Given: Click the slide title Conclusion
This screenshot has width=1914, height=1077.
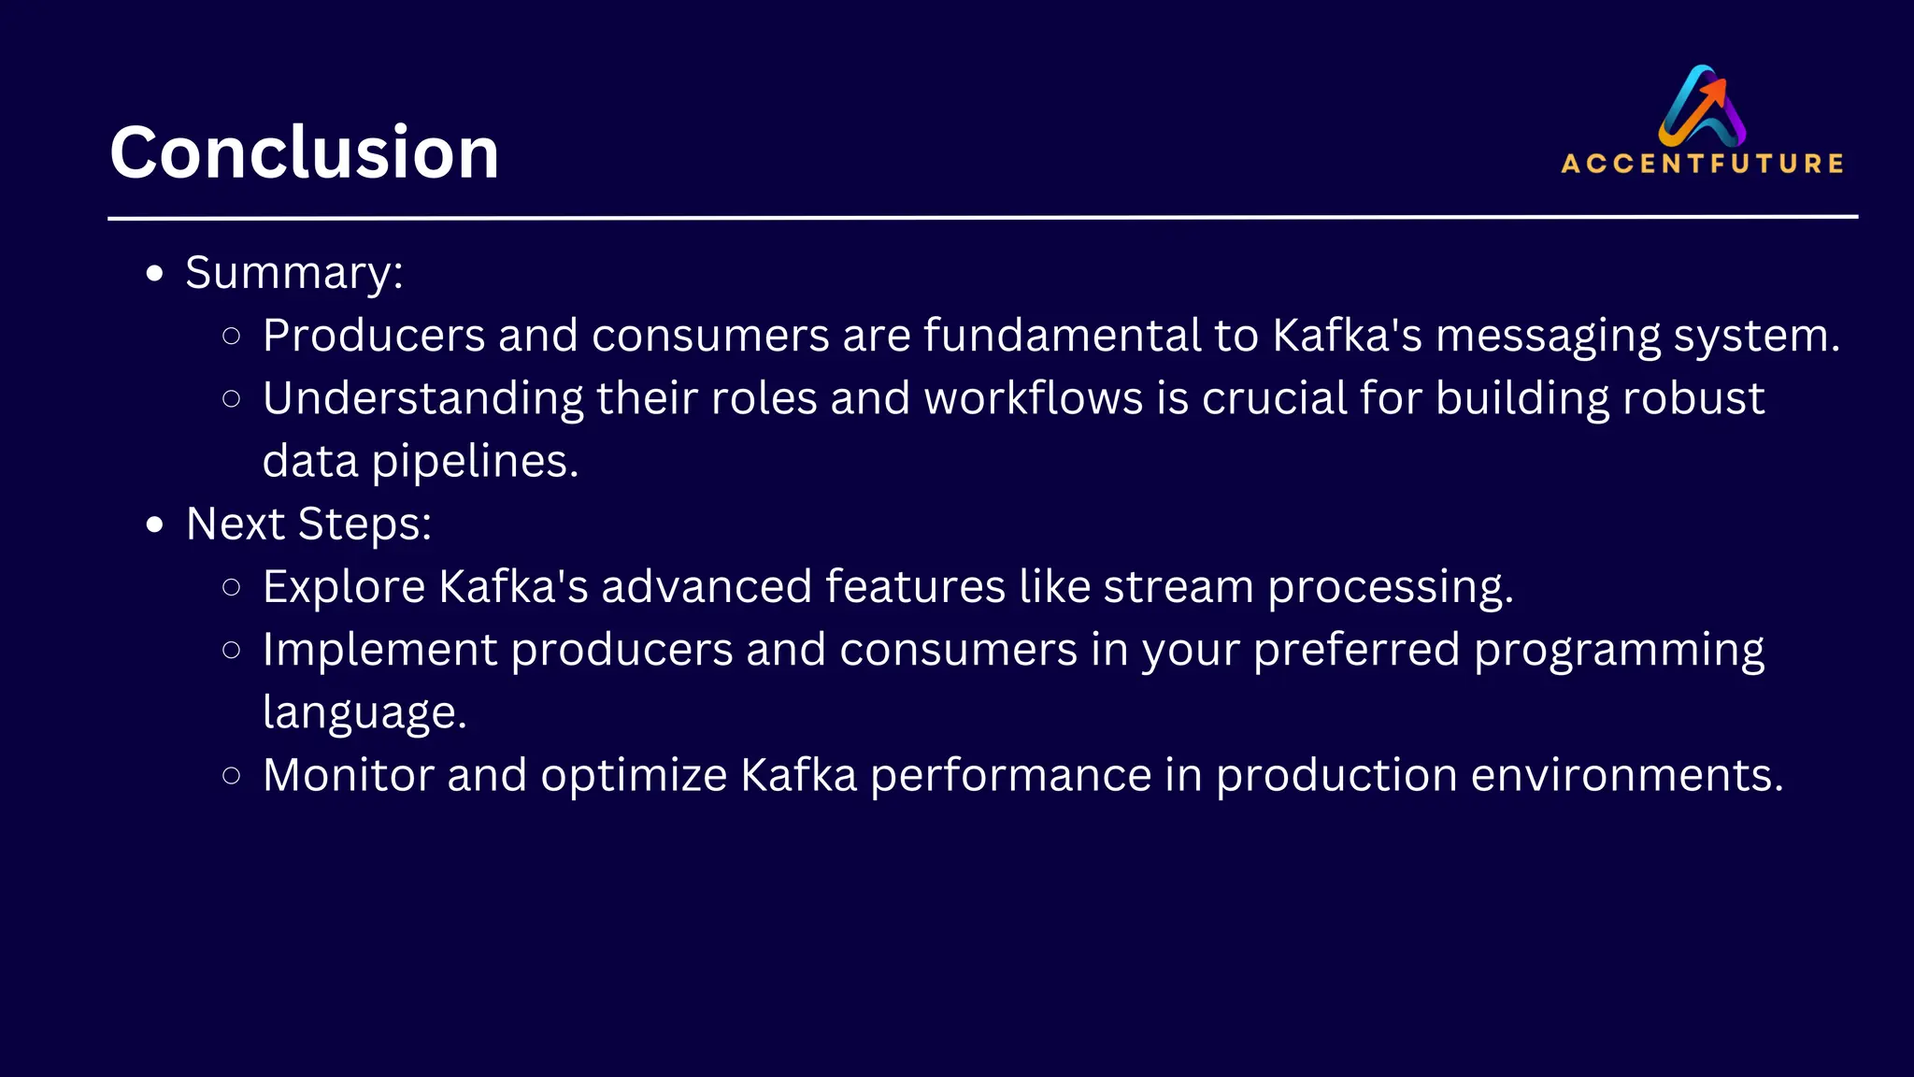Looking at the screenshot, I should [304, 152].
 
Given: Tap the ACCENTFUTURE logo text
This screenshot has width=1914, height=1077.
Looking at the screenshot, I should [1702, 164].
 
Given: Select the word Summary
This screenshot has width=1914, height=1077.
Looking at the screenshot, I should [289, 273].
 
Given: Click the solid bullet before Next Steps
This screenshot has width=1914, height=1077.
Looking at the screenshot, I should [155, 524].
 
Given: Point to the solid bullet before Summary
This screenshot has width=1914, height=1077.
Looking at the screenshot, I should [155, 274].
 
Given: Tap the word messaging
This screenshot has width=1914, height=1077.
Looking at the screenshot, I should [1548, 336].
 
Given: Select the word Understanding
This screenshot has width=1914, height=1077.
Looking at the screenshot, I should [422, 398].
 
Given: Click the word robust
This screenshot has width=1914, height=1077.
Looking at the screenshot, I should [1693, 398].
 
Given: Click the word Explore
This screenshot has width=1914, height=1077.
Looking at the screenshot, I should [344, 587].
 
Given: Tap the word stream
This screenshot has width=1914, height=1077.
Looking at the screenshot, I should [1178, 587].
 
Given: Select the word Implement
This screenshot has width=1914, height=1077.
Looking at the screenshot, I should [379, 650].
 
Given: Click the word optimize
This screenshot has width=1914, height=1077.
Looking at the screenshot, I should [633, 776].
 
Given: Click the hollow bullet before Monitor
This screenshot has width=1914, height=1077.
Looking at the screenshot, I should [232, 775].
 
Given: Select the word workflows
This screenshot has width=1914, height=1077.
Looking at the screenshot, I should [1033, 398].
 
